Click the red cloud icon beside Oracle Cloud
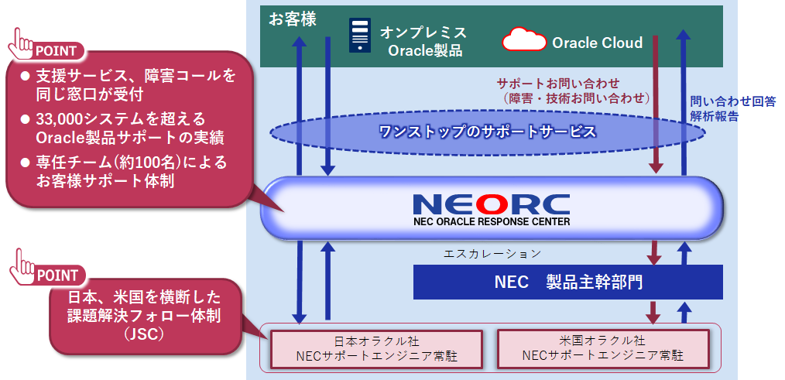point(524,39)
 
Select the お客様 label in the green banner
point(292,19)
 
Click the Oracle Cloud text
point(597,43)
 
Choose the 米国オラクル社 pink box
point(602,348)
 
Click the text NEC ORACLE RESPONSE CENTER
point(492,221)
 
